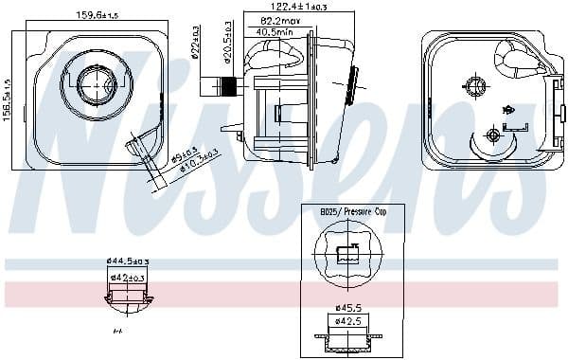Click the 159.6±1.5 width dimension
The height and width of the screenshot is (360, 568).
97,14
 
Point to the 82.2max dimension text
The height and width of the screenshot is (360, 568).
280,20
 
